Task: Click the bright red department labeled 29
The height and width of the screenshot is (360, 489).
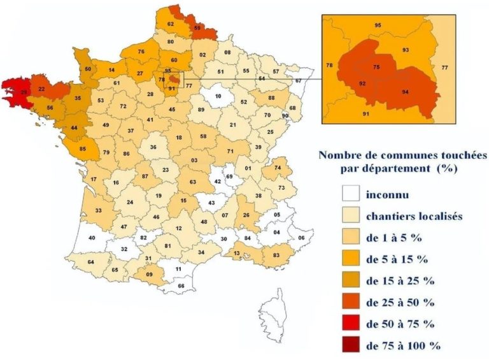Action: click(22, 92)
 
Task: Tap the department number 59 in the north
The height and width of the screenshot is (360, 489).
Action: click(198, 28)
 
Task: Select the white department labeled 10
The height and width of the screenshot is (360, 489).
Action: click(218, 96)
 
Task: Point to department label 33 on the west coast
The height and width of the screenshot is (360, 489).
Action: click(99, 210)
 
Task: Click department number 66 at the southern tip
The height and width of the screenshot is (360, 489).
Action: click(181, 286)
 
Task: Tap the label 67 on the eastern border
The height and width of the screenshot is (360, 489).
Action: click(298, 81)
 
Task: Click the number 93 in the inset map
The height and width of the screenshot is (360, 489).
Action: click(405, 50)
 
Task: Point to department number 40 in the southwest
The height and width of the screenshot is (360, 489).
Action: click(92, 238)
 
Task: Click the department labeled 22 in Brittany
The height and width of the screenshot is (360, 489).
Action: click(41, 89)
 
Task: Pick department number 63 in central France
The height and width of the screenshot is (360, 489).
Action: click(193, 182)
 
